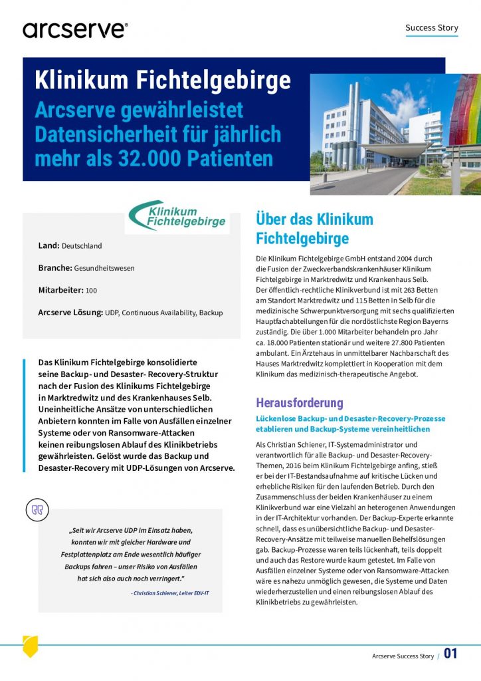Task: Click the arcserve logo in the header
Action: (74, 29)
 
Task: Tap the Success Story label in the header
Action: (431, 28)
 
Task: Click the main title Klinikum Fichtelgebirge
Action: (163, 80)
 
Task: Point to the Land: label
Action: (49, 245)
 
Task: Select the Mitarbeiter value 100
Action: (91, 291)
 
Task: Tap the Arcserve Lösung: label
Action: (70, 313)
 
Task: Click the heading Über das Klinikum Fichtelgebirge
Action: (314, 228)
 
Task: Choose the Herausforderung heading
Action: (299, 402)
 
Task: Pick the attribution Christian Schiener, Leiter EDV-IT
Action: (169, 592)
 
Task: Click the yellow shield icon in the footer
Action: (31, 646)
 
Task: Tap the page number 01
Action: (451, 654)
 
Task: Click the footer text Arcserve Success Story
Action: (403, 656)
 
